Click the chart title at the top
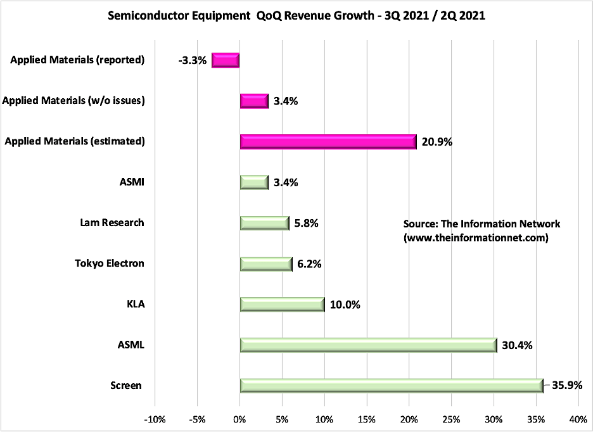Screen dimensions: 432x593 click(x=296, y=16)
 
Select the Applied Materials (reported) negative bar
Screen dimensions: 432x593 click(x=226, y=60)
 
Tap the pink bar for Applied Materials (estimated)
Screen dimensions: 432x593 click(x=328, y=141)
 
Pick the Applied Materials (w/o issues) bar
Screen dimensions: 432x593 click(x=254, y=101)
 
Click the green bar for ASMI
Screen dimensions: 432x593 click(x=254, y=182)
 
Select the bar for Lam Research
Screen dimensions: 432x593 click(x=264, y=223)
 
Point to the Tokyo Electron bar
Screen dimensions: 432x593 click(x=266, y=264)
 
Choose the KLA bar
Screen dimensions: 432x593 click(x=282, y=304)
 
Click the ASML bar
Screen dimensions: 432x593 click(x=368, y=345)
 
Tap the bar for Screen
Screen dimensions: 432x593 click(x=392, y=385)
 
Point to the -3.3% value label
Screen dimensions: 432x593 click(x=193, y=61)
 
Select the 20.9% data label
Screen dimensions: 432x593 click(x=436, y=142)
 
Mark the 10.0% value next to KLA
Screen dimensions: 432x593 click(x=345, y=305)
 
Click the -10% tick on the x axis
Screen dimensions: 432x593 click(x=155, y=419)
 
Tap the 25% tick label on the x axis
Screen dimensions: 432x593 click(x=451, y=419)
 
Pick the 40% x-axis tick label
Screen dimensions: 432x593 click(x=578, y=419)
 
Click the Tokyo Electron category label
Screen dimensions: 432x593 click(x=109, y=264)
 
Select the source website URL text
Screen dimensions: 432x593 click(x=476, y=238)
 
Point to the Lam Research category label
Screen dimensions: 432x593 click(x=112, y=223)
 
